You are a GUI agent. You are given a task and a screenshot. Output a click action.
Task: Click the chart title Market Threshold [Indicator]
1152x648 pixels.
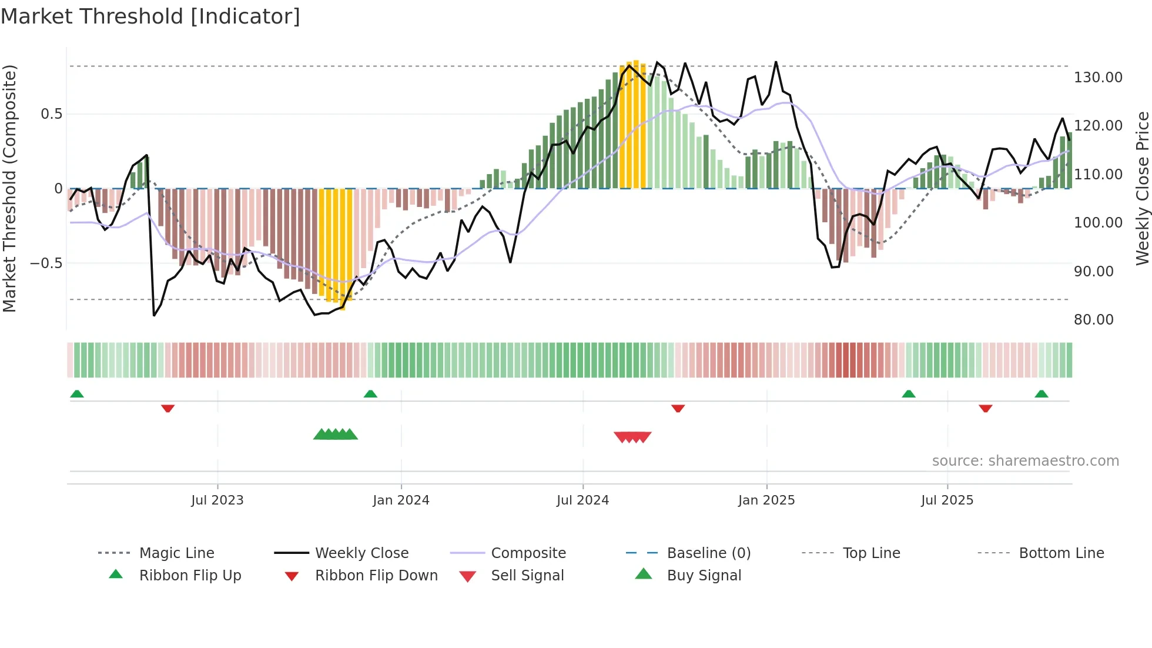coord(150,16)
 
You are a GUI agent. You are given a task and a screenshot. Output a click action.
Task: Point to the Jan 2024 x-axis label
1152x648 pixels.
coord(401,500)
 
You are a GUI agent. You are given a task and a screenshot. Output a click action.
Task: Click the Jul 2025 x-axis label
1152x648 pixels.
coord(947,500)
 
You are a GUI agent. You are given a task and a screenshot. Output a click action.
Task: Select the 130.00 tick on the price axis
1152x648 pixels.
coord(1098,78)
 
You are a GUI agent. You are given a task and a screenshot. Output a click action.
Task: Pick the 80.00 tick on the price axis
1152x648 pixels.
coord(1094,320)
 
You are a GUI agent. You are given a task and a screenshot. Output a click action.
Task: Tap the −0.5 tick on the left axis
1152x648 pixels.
coord(46,263)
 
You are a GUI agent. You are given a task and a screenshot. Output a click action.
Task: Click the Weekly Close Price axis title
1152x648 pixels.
coord(1142,188)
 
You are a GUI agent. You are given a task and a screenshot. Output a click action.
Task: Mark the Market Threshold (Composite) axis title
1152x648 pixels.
coord(9,188)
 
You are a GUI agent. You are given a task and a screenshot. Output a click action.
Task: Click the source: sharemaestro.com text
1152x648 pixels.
coord(1025,461)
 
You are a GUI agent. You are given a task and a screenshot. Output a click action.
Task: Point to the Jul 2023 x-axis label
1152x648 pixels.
coord(217,500)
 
